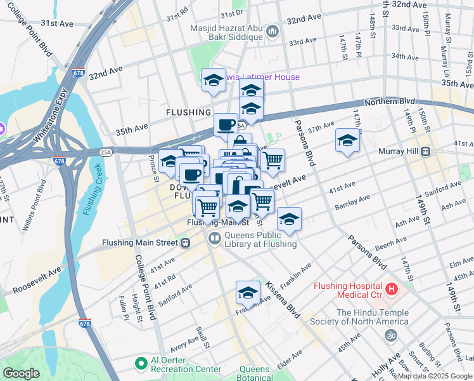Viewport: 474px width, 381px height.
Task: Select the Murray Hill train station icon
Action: coord(426,152)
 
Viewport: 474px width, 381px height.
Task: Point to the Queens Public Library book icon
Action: coord(214,239)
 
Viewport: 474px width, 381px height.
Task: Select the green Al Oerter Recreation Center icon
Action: coord(141,364)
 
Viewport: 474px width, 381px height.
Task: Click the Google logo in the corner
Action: coord(21,373)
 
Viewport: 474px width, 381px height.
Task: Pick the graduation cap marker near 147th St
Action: coord(347,140)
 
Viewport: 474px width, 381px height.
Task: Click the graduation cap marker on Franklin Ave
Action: coord(248,292)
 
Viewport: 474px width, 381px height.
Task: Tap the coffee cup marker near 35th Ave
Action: coord(226,124)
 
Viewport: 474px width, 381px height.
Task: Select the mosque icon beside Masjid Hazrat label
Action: coord(272,30)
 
